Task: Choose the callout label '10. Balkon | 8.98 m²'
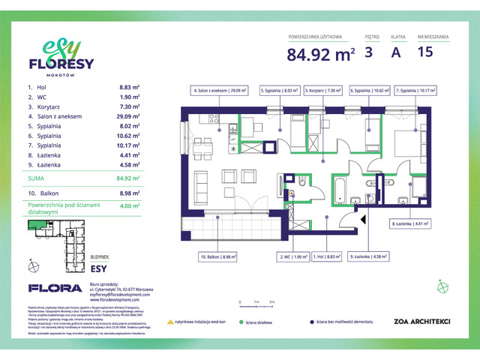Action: tap(218, 256)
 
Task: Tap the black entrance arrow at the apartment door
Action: tap(364, 220)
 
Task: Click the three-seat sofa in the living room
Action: tap(200, 182)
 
